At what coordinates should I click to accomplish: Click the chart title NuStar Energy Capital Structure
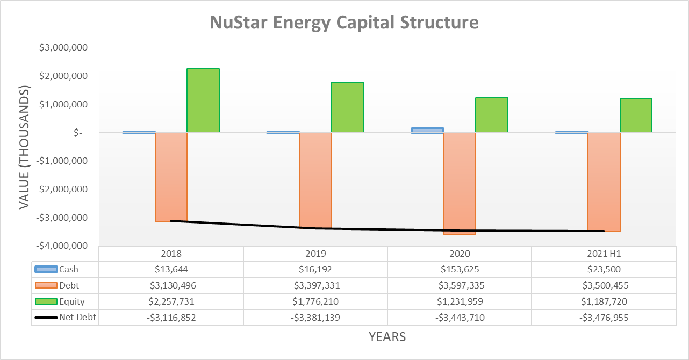pyautogui.click(x=344, y=23)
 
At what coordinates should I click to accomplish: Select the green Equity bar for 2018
pyautogui.click(x=203, y=100)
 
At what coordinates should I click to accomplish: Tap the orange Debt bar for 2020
pyautogui.click(x=460, y=183)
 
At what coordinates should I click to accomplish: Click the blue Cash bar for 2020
pyautogui.click(x=428, y=130)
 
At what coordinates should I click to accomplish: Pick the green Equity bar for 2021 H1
pyautogui.click(x=636, y=116)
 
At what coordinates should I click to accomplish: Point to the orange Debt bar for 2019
pyautogui.click(x=315, y=181)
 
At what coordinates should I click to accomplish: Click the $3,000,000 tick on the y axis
pyautogui.click(x=63, y=48)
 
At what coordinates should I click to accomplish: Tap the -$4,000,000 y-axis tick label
pyautogui.click(x=62, y=246)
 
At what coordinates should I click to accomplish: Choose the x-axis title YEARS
pyautogui.click(x=387, y=337)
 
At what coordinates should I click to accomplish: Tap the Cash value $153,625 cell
pyautogui.click(x=460, y=270)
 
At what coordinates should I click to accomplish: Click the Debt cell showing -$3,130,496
pyautogui.click(x=171, y=286)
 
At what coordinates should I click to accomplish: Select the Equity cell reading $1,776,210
pyautogui.click(x=315, y=301)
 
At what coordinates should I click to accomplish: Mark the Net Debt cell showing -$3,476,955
pyautogui.click(x=604, y=318)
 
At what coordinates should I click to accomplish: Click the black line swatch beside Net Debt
pyautogui.click(x=46, y=318)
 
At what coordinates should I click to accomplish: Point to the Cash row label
pyautogui.click(x=69, y=270)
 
